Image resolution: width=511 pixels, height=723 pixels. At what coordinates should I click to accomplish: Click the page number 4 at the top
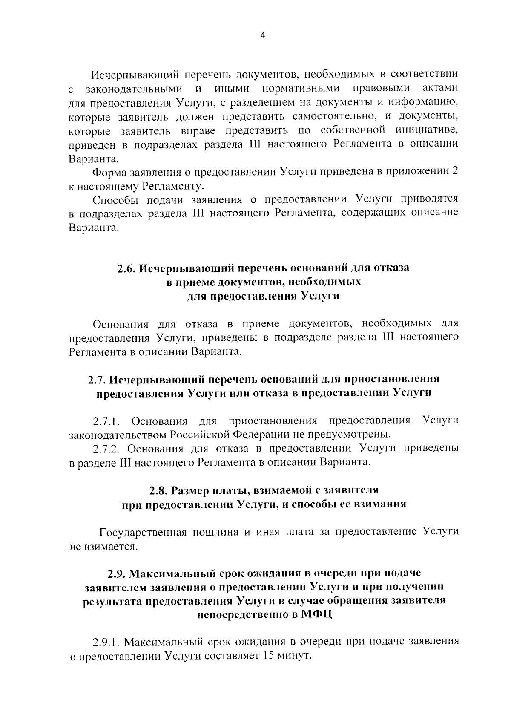click(262, 36)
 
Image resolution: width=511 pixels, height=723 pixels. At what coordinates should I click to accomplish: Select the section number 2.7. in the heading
click(98, 379)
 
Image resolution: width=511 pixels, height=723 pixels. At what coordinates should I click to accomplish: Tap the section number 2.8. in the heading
click(159, 490)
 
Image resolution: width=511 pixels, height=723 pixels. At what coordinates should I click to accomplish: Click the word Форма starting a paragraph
click(107, 172)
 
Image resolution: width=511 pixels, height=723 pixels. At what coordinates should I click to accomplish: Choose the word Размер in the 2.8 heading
click(190, 490)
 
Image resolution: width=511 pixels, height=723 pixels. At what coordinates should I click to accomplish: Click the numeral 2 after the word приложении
click(455, 172)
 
